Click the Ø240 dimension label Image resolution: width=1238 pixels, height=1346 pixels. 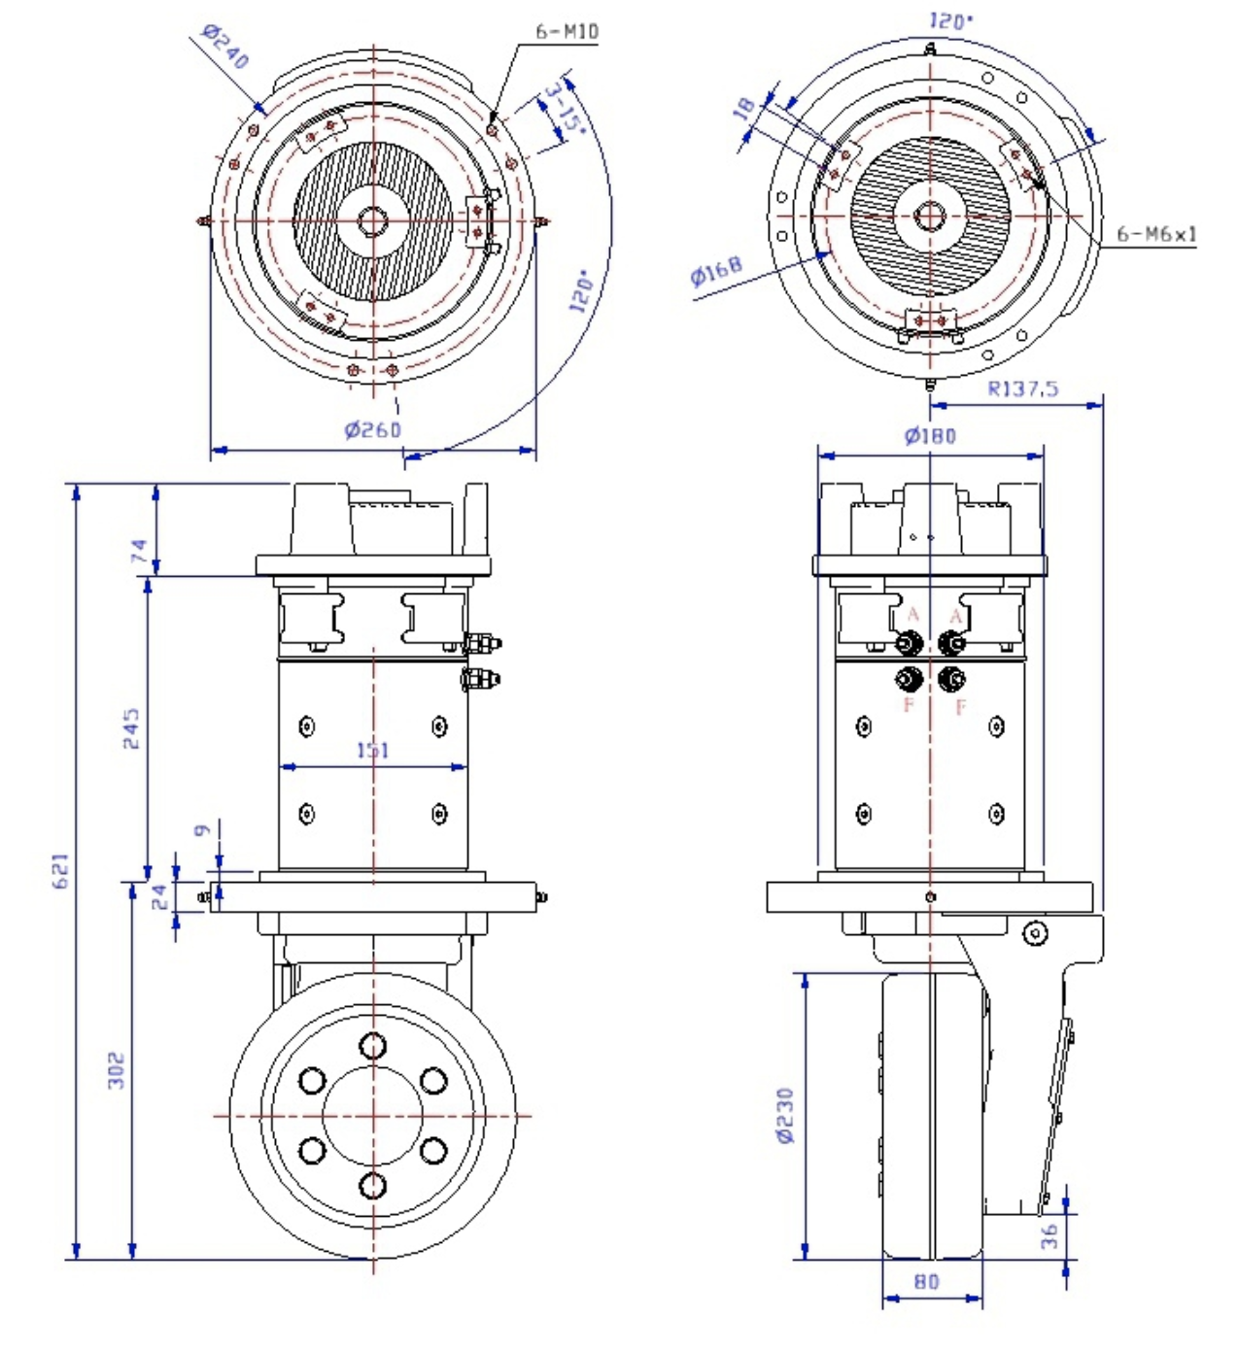(225, 47)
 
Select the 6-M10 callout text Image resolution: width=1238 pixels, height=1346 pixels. (567, 31)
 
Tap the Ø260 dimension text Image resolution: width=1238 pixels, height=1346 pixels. (372, 429)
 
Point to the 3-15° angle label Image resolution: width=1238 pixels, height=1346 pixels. (563, 110)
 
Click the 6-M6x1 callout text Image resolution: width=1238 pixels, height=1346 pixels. (1155, 234)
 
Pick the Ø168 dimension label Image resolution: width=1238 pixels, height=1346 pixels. (717, 270)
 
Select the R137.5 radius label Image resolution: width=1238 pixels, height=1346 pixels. (1022, 389)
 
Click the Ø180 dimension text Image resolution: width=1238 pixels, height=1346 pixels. (930, 436)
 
